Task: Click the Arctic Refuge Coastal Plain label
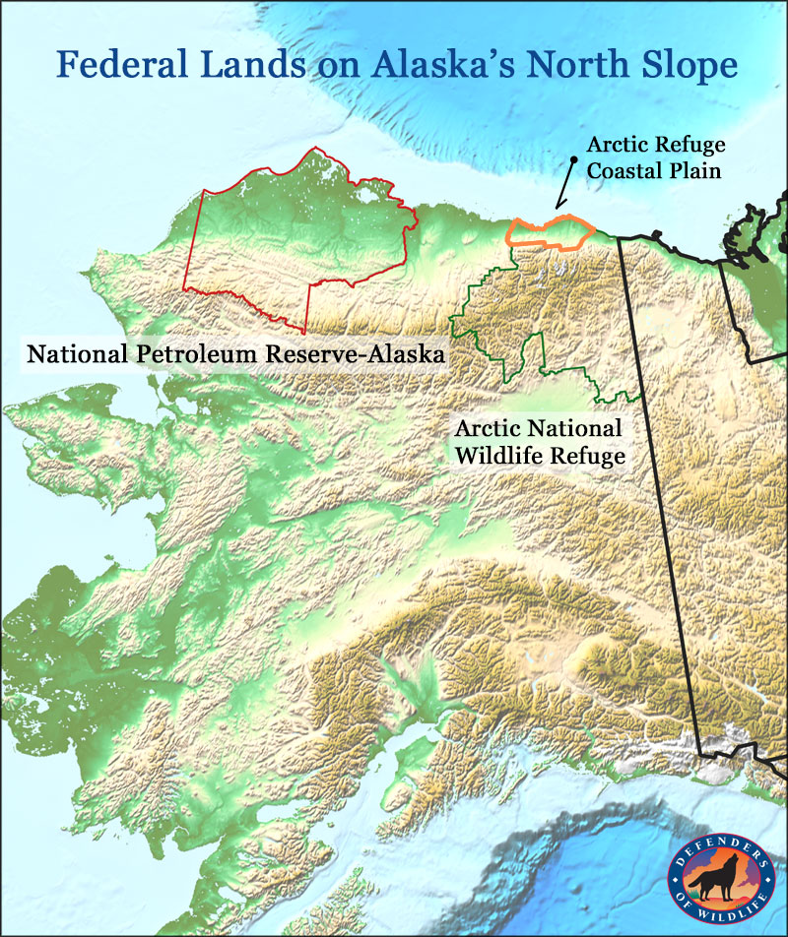[x=656, y=156]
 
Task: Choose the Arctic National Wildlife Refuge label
[x=538, y=442]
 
